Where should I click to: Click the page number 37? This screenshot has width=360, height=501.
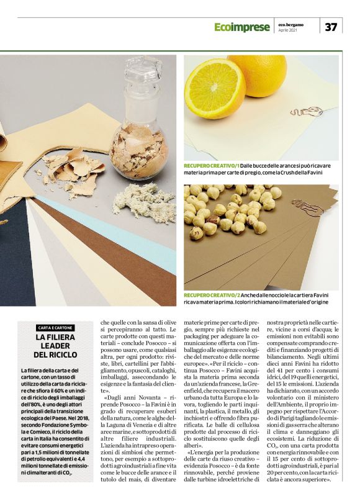click(x=331, y=27)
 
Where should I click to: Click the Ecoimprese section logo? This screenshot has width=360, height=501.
click(x=242, y=27)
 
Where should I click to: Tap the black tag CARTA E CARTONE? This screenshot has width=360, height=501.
click(x=55, y=327)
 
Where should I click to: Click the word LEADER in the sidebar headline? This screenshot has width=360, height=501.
click(x=56, y=346)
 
